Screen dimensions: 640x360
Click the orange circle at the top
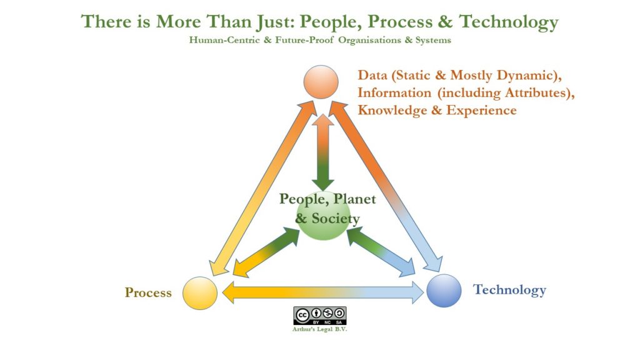pyautogui.click(x=321, y=82)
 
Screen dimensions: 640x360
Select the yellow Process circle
pyautogui.click(x=199, y=292)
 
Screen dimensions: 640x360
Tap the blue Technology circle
pyautogui.click(x=444, y=290)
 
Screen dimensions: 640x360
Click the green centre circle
pyautogui.click(x=323, y=215)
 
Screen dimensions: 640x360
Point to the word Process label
pyautogui.click(x=148, y=292)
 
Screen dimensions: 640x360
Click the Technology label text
pyautogui.click(x=509, y=290)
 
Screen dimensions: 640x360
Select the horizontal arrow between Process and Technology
pyautogui.click(x=323, y=292)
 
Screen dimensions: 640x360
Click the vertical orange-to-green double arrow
pyautogui.click(x=323, y=152)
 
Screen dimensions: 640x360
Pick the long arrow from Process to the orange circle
pyautogui.click(x=263, y=188)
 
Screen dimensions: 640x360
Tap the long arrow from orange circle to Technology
pyautogui.click(x=386, y=186)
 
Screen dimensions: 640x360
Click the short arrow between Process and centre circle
pyautogui.click(x=266, y=253)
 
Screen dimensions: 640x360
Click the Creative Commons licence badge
pyautogui.click(x=319, y=316)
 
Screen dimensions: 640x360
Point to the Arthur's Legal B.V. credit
pyautogui.click(x=319, y=329)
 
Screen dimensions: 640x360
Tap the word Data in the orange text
pyautogui.click(x=372, y=75)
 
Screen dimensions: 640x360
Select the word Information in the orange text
pyautogui.click(x=394, y=92)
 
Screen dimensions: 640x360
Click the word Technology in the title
pyautogui.click(x=509, y=22)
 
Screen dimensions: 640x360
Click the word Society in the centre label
pyautogui.click(x=336, y=219)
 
